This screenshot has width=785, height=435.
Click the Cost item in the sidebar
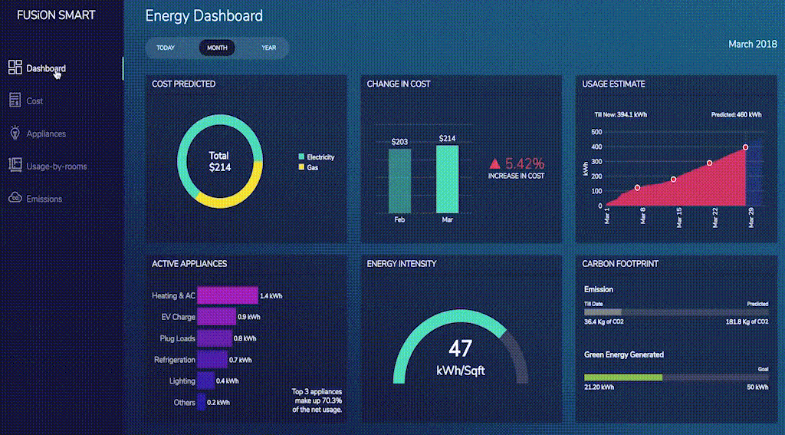pos(34,101)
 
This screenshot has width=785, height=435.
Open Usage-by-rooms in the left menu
pos(56,166)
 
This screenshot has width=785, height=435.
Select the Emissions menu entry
pos(44,199)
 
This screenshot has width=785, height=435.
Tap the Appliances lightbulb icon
pos(15,133)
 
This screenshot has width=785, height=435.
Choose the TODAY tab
pos(166,48)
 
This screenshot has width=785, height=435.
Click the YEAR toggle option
pos(268,48)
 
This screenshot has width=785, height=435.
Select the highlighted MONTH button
pos(217,48)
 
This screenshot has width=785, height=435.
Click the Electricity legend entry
pos(317,157)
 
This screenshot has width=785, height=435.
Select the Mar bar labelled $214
pos(447,179)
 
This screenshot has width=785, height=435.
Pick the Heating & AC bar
pos(227,295)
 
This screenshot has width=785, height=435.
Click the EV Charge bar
pos(216,317)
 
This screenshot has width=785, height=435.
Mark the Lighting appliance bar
pos(205,381)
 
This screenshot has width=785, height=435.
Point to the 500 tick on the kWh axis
pos(597,131)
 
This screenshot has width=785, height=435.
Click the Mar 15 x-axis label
pos(678,219)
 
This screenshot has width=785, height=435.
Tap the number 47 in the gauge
pos(460,349)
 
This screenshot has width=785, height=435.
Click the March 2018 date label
pos(752,44)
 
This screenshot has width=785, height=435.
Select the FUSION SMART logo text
pos(57,15)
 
